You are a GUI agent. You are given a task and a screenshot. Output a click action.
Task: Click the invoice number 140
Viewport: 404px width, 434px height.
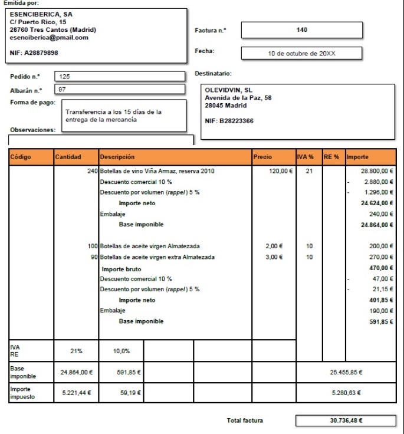coord(301,29)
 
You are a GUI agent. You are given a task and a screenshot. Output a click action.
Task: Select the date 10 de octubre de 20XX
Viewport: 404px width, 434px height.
coord(301,53)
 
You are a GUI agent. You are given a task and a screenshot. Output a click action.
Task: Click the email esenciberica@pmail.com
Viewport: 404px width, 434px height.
coord(49,38)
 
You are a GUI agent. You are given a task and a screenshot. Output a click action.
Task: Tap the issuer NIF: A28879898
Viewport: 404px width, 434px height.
coord(34,52)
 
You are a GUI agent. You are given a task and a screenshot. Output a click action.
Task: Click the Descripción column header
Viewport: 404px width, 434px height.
coord(118,157)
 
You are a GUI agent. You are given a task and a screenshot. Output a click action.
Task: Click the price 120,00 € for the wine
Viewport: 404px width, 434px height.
coord(281,171)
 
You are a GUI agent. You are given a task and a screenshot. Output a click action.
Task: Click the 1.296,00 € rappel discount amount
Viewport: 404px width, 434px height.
coord(378,192)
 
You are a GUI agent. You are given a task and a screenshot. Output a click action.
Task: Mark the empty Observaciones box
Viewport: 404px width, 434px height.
coord(100,140)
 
